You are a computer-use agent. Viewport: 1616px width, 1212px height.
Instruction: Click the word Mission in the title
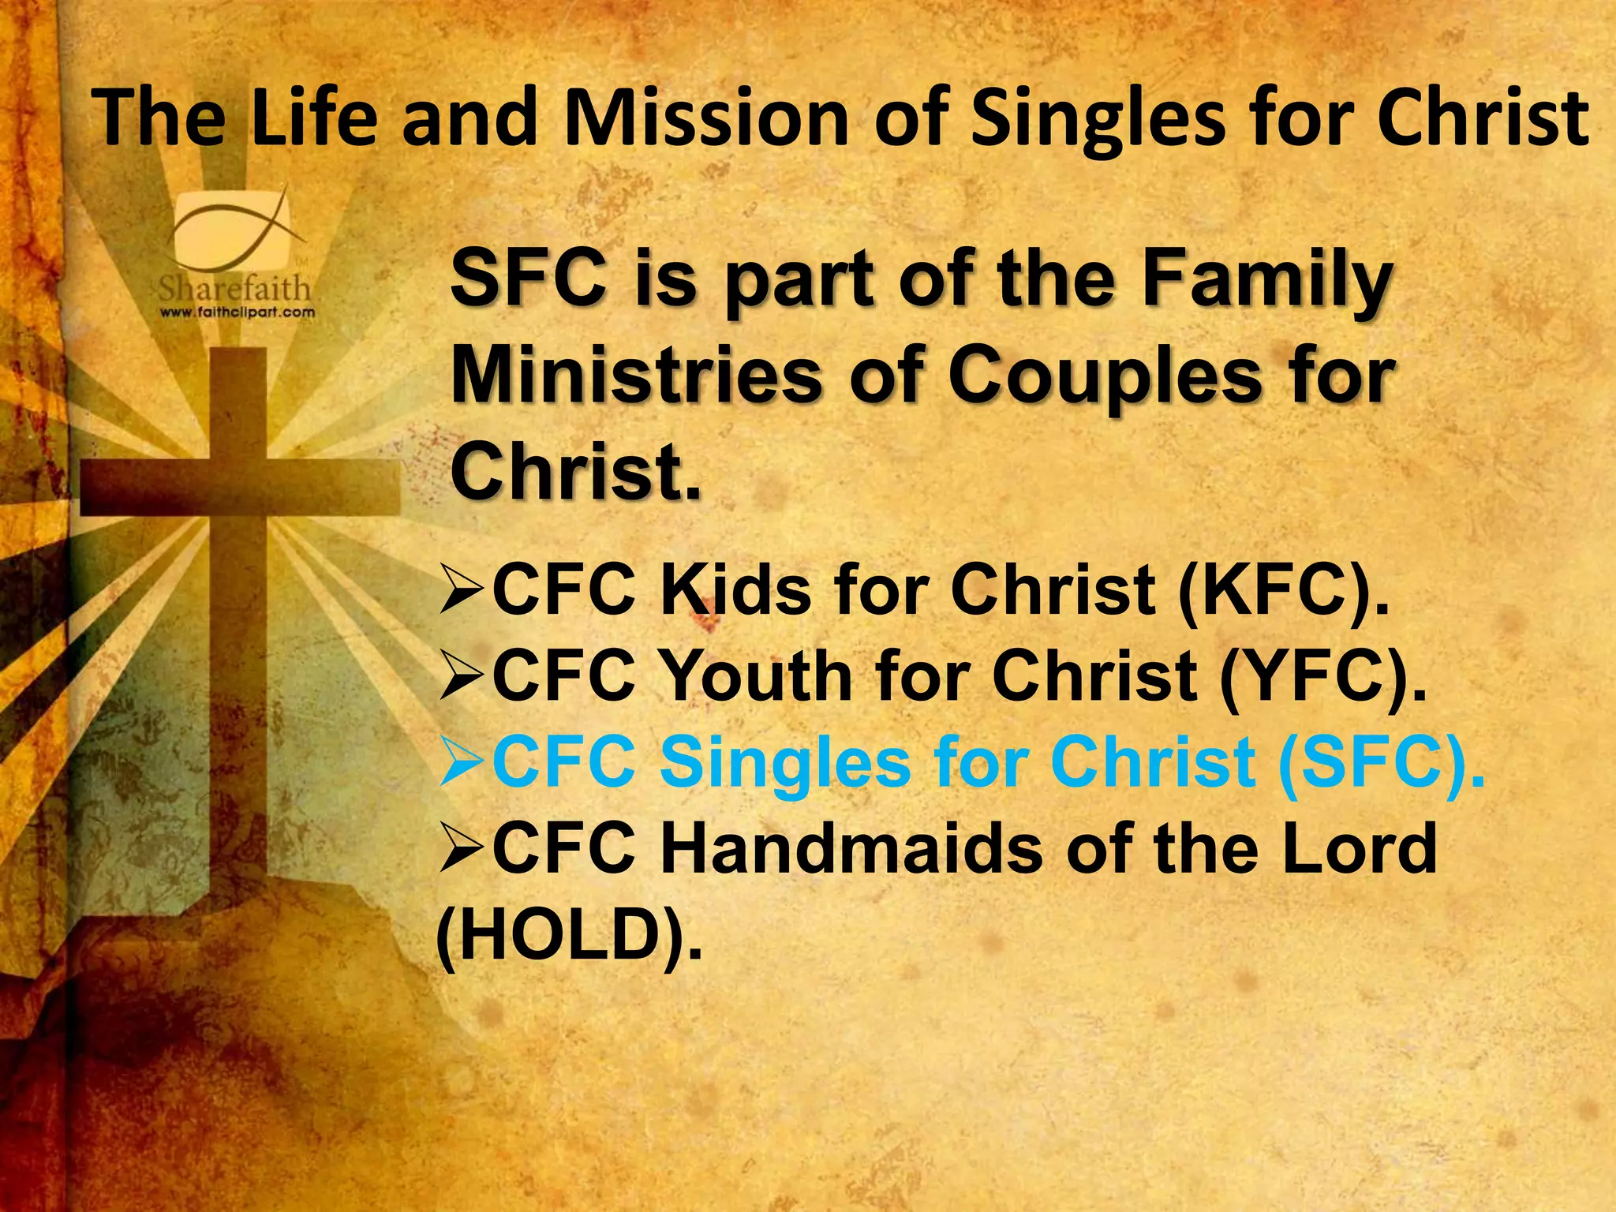click(705, 120)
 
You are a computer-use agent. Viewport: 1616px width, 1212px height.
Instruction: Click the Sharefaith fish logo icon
click(237, 229)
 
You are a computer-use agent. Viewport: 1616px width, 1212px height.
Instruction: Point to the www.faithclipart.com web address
click(238, 312)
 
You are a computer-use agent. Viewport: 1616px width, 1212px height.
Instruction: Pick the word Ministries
click(635, 375)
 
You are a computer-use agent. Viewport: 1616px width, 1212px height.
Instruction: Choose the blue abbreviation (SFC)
click(1381, 762)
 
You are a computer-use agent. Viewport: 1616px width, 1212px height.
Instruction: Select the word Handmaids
click(851, 849)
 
